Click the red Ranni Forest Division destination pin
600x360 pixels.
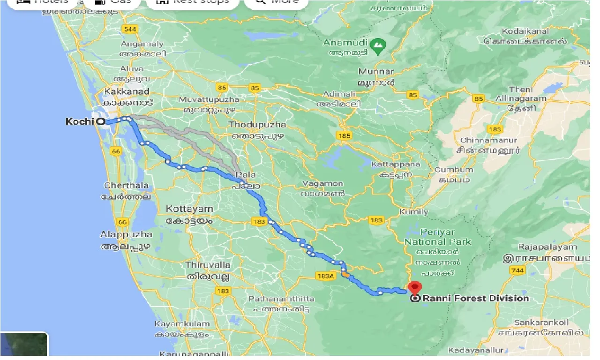pos(415,287)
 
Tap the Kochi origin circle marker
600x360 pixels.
pos(101,121)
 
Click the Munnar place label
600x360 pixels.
pos(376,72)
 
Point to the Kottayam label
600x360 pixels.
pos(189,209)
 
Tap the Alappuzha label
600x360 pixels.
pos(126,234)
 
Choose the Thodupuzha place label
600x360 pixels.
pos(257,125)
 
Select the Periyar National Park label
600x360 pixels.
pos(437,237)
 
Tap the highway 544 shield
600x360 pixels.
pos(130,30)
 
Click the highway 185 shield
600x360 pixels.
pos(344,136)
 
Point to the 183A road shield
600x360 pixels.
pos(325,276)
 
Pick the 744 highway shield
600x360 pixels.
pos(517,270)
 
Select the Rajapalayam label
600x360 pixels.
pos(547,247)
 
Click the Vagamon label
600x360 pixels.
pos(323,184)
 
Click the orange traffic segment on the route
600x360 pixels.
pos(345,274)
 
